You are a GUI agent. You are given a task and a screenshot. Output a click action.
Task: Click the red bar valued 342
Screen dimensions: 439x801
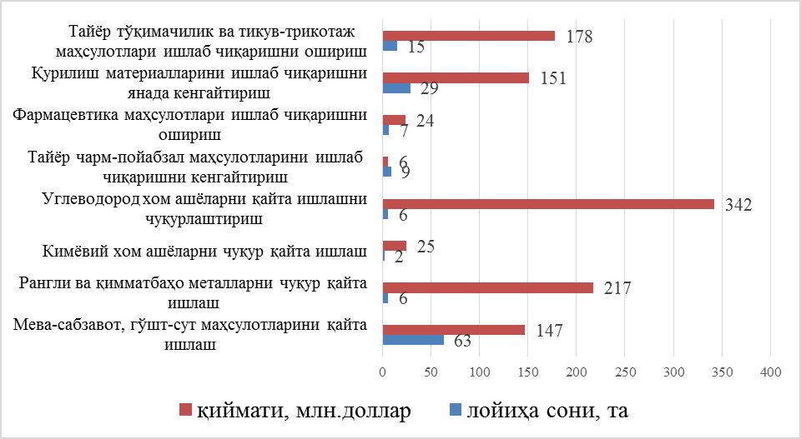tap(548, 204)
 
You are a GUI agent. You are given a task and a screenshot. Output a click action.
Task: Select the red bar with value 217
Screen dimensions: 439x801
tap(487, 287)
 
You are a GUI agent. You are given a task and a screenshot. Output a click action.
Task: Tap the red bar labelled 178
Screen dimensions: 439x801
tap(468, 36)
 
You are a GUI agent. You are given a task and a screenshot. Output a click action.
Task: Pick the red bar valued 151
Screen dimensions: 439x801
tap(456, 77)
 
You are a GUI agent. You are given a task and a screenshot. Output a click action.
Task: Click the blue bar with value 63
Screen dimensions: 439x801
tap(413, 339)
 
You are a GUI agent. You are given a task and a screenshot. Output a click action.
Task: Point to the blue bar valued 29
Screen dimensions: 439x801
tap(396, 87)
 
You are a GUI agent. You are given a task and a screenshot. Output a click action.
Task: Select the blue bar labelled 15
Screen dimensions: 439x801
tap(390, 46)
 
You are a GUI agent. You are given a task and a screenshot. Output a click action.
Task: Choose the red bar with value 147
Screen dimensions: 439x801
tap(454, 330)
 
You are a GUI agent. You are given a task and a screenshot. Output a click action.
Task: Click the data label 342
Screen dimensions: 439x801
tap(738, 205)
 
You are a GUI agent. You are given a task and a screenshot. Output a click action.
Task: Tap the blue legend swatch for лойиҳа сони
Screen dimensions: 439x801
tap(455, 410)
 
